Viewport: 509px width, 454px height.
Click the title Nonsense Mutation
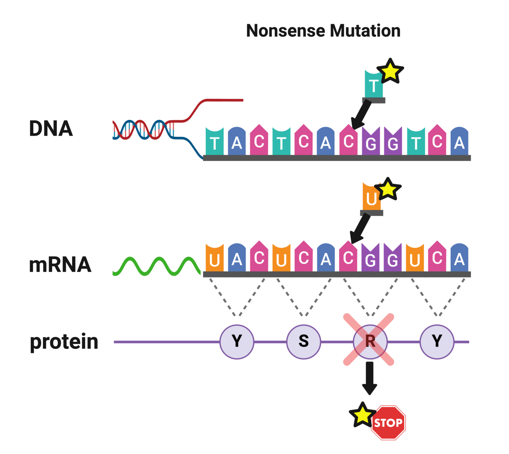click(x=323, y=31)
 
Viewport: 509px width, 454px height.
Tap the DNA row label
click(x=51, y=129)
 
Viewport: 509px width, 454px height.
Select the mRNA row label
click(x=60, y=265)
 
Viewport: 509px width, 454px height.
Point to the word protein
click(x=64, y=342)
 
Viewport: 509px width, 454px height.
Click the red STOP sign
click(x=388, y=423)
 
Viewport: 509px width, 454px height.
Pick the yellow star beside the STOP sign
click(x=362, y=414)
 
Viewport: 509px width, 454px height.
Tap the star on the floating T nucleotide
click(x=390, y=71)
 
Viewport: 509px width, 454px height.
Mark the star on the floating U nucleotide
click(x=388, y=189)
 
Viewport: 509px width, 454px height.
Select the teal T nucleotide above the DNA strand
click(x=373, y=85)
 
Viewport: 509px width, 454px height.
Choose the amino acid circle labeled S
click(x=304, y=342)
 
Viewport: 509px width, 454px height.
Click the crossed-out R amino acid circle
click(x=370, y=341)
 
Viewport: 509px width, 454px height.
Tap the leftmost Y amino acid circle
click(x=237, y=342)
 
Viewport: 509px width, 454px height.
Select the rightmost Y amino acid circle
click(x=437, y=342)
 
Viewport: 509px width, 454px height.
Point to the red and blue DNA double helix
click(x=142, y=130)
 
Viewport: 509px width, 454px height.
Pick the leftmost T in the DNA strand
click(x=214, y=142)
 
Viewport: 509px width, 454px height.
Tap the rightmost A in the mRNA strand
click(x=459, y=259)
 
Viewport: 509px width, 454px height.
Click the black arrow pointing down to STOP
click(x=369, y=378)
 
